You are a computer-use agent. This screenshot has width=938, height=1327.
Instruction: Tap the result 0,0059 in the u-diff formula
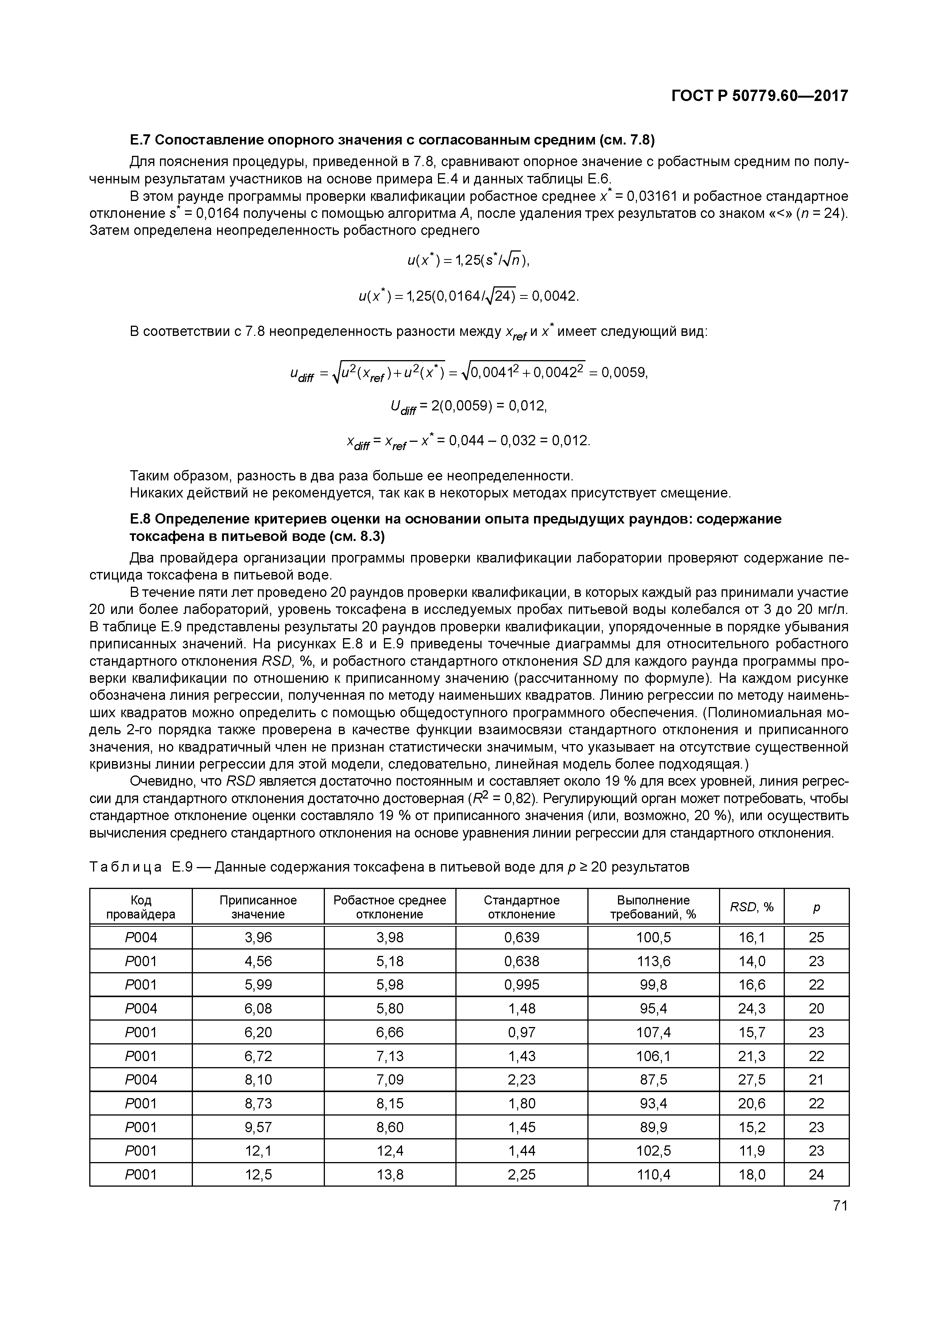(x=624, y=372)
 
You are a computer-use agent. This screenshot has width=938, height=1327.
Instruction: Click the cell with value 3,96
(x=258, y=937)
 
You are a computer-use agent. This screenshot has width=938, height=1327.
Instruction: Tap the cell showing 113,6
(x=653, y=961)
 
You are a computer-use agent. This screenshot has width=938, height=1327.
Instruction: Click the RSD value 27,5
(x=751, y=1080)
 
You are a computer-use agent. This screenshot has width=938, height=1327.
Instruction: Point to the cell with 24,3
(x=751, y=1008)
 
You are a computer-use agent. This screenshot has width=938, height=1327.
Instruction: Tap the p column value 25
(x=816, y=937)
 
